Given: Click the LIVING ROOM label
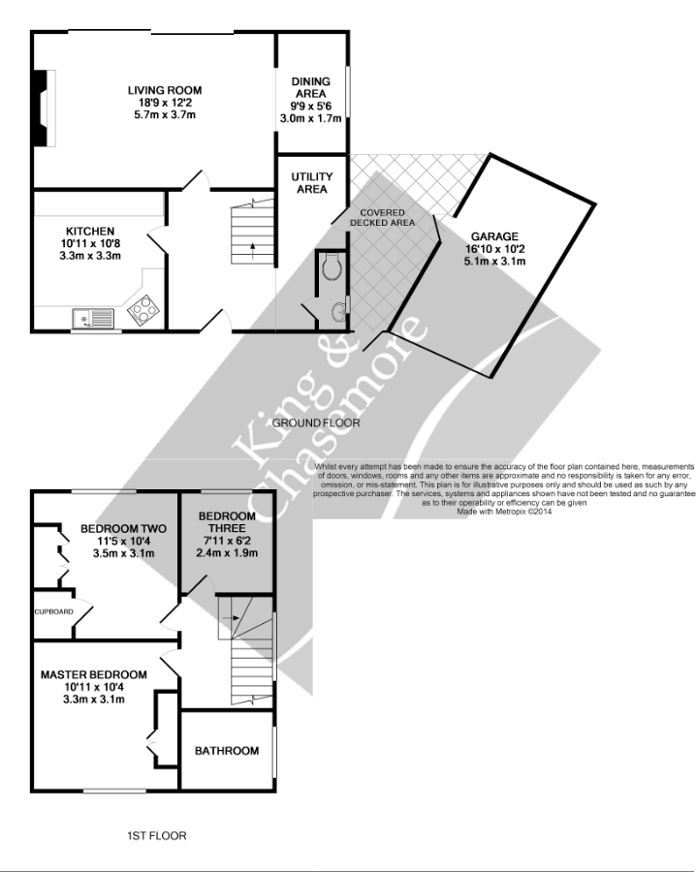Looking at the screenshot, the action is point(165,91).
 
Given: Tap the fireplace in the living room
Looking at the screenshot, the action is point(40,108).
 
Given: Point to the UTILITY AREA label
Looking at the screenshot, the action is point(311,182).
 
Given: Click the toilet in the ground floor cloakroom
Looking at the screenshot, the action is point(332,265).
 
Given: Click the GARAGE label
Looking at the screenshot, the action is point(494,236).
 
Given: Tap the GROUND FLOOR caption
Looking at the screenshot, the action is point(316,423).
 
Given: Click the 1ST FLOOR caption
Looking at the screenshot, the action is point(156,835).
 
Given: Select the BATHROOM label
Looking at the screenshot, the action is point(227,751).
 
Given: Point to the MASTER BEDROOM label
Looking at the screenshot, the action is point(93,674).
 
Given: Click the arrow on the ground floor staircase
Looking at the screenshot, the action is point(253,245).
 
